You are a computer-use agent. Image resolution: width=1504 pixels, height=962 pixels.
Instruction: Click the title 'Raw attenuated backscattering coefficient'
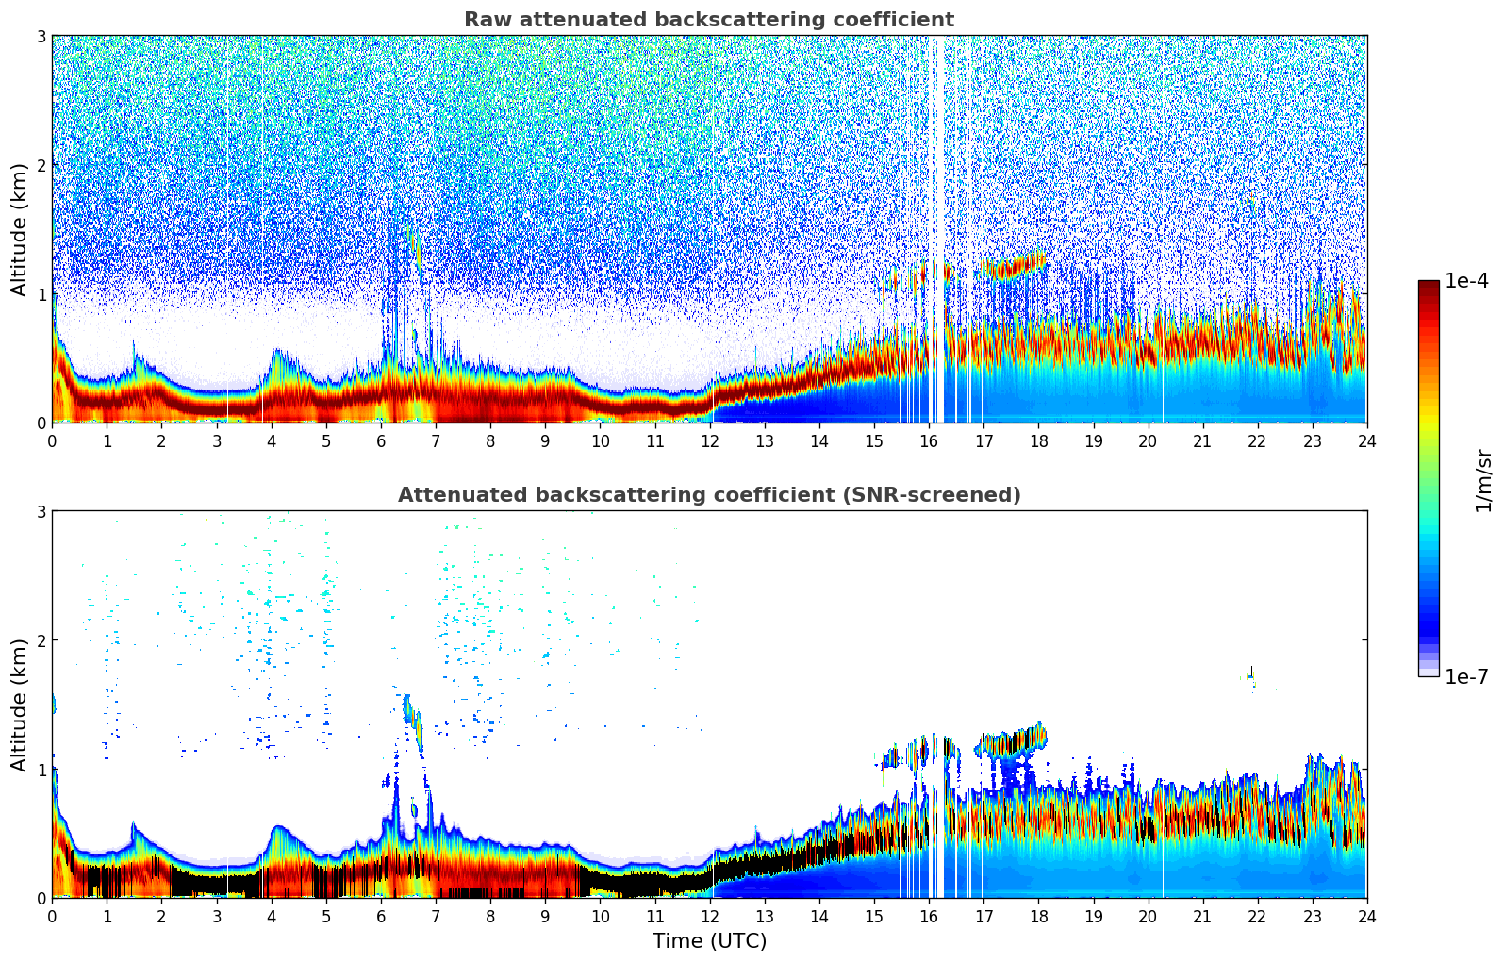click(x=708, y=20)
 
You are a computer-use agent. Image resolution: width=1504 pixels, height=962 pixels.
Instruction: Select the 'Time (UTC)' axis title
click(x=709, y=940)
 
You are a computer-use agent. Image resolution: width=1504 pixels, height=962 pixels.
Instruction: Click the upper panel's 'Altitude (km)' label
click(x=20, y=229)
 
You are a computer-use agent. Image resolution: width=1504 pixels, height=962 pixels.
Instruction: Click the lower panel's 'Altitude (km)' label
click(x=20, y=705)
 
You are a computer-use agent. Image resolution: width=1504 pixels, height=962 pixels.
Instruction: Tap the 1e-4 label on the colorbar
click(x=1466, y=281)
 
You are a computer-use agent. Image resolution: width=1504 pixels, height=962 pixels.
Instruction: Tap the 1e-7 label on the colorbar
click(x=1466, y=676)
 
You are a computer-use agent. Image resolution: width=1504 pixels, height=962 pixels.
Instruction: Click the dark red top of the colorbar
click(x=1428, y=286)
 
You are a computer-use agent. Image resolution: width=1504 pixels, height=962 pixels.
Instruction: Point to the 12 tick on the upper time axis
click(x=710, y=440)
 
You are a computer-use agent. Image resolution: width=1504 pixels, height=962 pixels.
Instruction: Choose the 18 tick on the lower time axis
click(x=1038, y=916)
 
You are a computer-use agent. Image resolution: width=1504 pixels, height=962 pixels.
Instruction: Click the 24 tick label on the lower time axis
click(x=1366, y=916)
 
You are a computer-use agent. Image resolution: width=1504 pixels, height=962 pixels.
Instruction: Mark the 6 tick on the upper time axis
click(x=381, y=440)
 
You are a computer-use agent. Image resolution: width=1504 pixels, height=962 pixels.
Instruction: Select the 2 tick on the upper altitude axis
click(x=41, y=165)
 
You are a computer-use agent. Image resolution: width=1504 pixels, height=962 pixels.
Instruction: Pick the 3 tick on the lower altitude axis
click(x=41, y=512)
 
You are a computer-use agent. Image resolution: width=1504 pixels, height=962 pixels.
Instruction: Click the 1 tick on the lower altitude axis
click(x=41, y=770)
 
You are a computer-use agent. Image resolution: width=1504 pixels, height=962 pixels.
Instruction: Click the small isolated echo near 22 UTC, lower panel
click(x=1251, y=676)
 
